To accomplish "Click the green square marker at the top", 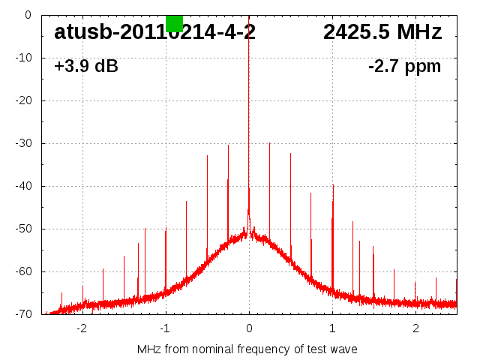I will (x=174, y=23).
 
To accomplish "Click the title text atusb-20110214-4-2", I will (x=154, y=32).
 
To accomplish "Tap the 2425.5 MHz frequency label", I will (x=382, y=32).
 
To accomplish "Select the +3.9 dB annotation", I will (x=86, y=67).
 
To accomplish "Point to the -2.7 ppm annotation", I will (x=405, y=67).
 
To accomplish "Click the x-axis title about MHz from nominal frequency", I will (x=247, y=349).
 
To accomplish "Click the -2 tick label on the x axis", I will (x=82, y=328).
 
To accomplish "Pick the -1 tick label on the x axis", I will (x=165, y=328).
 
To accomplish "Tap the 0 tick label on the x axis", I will (x=249, y=328).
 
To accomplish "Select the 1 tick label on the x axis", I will (x=332, y=328).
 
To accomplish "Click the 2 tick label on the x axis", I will (x=415, y=328).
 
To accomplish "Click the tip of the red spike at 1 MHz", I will (x=333, y=184).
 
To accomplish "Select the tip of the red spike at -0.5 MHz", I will (x=207, y=156).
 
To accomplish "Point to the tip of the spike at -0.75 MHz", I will (x=186, y=202).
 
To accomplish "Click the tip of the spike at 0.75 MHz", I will (x=311, y=193).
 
